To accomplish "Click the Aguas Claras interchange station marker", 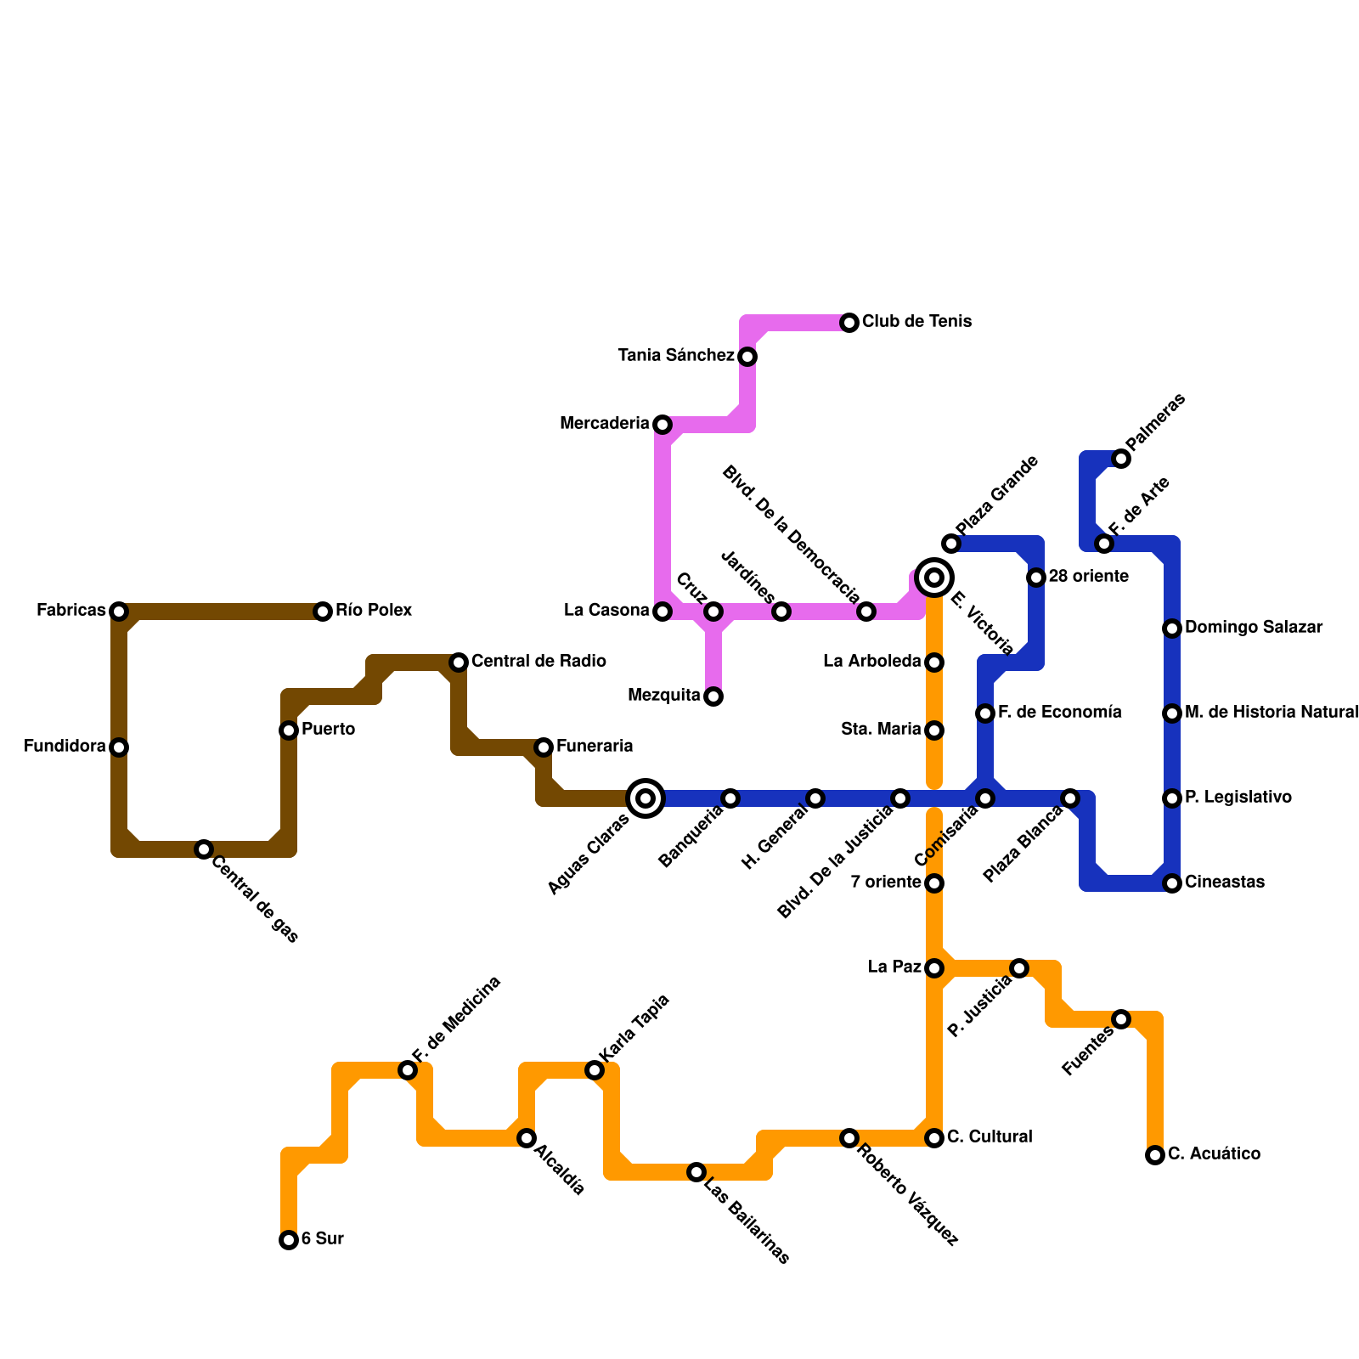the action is pos(646,798).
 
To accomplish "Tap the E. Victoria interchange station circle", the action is pos(934,578).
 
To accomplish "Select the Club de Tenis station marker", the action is pos(849,323).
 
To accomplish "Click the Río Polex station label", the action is pos(373,611).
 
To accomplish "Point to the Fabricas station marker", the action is pos(119,612).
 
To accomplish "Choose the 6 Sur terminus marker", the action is pos(289,1240).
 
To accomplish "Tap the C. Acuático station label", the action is pos(1214,1154).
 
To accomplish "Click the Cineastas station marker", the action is pos(1172,883).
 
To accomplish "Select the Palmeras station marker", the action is pos(1121,459).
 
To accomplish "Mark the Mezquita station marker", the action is pos(713,696).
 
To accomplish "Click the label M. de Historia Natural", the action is pos(1272,713).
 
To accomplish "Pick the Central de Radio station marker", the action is pos(459,663).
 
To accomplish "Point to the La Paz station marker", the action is pos(934,968).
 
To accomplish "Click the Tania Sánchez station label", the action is pos(676,356).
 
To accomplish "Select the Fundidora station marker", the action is pos(119,747).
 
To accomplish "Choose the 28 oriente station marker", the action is pos(1036,578).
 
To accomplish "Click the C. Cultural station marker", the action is pos(934,1138).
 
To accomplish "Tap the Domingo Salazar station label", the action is pos(1253,628).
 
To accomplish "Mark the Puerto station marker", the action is pos(289,730).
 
